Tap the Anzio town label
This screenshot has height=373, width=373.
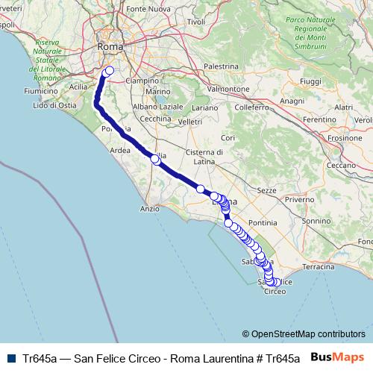(x=149, y=209)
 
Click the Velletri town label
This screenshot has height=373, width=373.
(x=190, y=122)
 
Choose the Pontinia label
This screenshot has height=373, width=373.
(x=263, y=222)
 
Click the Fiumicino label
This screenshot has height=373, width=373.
(x=40, y=91)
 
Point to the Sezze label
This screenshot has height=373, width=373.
(x=267, y=191)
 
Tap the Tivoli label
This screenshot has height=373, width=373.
(x=196, y=22)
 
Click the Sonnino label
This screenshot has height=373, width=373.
(x=316, y=221)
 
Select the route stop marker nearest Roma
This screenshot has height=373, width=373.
(x=109, y=72)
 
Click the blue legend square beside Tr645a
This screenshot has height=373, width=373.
(x=11, y=357)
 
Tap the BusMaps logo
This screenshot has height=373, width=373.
(x=338, y=357)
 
